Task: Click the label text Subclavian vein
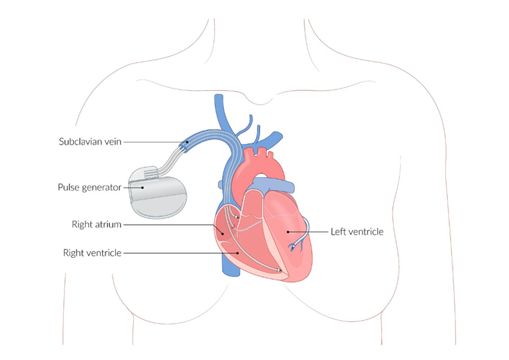coord(90,142)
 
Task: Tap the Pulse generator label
coord(89,188)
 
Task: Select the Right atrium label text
coord(96,225)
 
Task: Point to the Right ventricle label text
coord(92,253)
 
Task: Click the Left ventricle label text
coord(357,232)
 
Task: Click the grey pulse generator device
coord(158,192)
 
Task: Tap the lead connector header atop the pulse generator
coord(150,172)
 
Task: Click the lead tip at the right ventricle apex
coord(278,270)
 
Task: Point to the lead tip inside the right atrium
coord(236,216)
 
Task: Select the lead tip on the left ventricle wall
coord(293,247)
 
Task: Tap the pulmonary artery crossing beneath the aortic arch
coord(274,183)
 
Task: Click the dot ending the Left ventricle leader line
coord(288,232)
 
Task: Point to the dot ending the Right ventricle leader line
coord(238,253)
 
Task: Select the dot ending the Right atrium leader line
coord(223,233)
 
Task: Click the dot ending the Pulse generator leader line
coord(142,188)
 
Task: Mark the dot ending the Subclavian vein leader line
coord(187,142)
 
